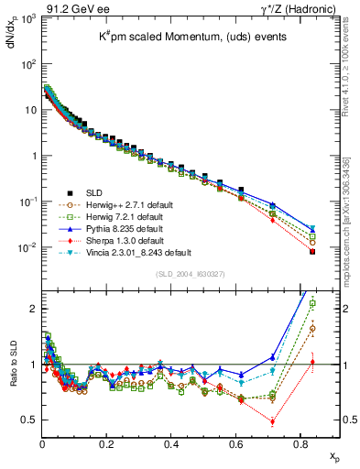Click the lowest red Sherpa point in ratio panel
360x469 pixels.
pos(273,422)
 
